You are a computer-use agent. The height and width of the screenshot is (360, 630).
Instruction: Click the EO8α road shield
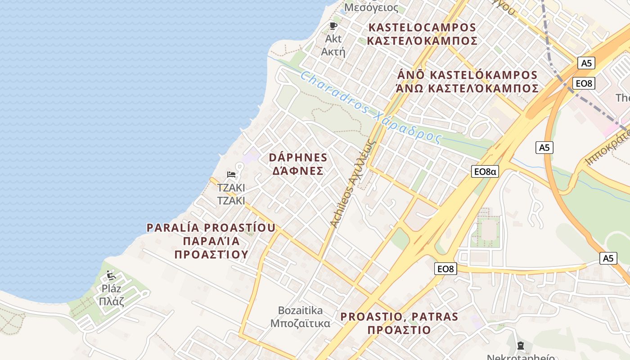pyautogui.click(x=485, y=171)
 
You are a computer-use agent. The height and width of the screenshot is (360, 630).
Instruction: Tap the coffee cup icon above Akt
pyautogui.click(x=333, y=26)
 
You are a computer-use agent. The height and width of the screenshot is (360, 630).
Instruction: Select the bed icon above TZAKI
pyautogui.click(x=231, y=174)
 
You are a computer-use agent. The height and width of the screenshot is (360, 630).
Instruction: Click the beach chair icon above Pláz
pyautogui.click(x=111, y=274)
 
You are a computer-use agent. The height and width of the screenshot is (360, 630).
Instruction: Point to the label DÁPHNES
pyautogui.click(x=298, y=157)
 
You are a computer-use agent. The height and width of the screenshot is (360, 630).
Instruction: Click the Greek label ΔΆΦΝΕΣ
pyautogui.click(x=296, y=171)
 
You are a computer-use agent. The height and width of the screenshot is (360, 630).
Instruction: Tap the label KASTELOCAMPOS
pyautogui.click(x=422, y=27)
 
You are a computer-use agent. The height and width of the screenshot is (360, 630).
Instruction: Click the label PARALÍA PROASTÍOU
pyautogui.click(x=211, y=228)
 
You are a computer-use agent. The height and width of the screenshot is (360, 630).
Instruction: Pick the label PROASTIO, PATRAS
pyautogui.click(x=399, y=316)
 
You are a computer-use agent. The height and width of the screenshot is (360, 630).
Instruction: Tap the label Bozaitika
pyautogui.click(x=300, y=310)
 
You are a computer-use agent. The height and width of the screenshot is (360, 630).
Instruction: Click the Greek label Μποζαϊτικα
pyautogui.click(x=300, y=323)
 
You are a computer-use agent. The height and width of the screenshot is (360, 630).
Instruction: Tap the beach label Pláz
pyautogui.click(x=111, y=288)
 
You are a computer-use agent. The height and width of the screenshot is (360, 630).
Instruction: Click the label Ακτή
pyautogui.click(x=333, y=51)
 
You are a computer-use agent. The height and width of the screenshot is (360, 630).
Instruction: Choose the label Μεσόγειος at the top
pyautogui.click(x=371, y=7)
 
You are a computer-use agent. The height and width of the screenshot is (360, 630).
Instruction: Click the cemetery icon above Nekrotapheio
pyautogui.click(x=520, y=346)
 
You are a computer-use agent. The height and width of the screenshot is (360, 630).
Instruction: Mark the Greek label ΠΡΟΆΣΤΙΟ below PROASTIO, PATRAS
pyautogui.click(x=399, y=330)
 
